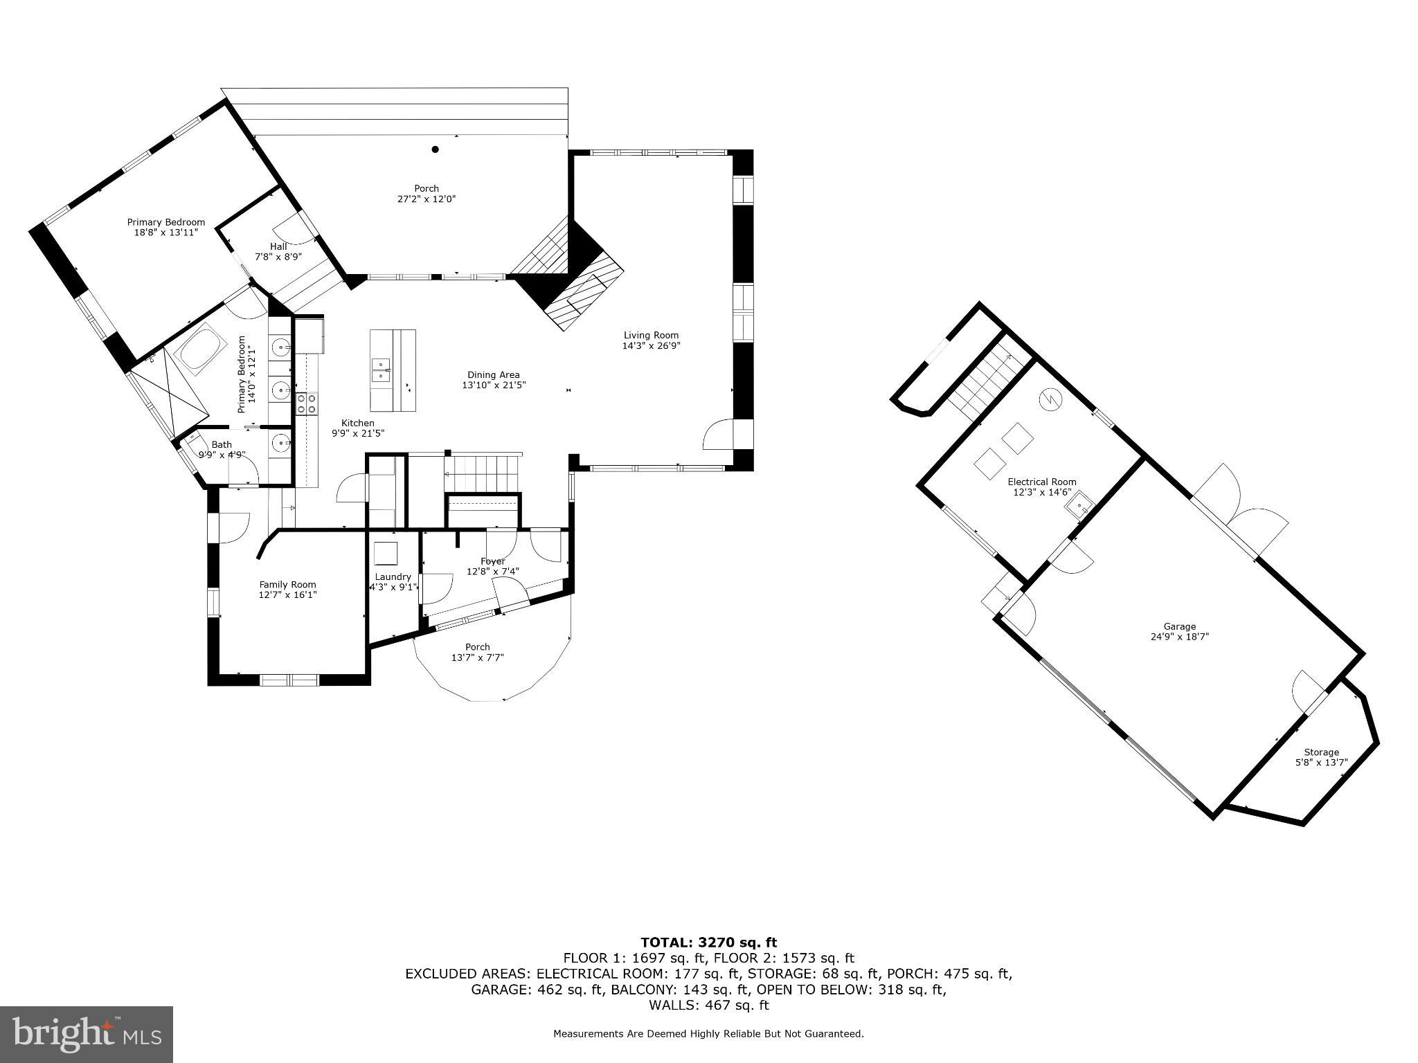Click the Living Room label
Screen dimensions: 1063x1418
[x=651, y=335]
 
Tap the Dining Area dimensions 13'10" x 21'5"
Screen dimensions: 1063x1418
[x=494, y=385]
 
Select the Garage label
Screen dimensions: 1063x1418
[x=1178, y=626]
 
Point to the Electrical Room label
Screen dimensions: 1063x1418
[x=1041, y=482]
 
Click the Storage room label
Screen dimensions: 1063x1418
[x=1321, y=752]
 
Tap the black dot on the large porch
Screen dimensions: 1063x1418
[x=436, y=149]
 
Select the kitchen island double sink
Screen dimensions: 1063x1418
[x=380, y=370]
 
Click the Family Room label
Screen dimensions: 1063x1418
[x=287, y=584]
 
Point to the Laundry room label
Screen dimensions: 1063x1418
[x=393, y=576]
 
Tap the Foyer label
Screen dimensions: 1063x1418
[x=493, y=561]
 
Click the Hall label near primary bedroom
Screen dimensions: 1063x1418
[x=278, y=246]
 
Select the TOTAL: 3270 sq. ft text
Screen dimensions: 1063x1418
[x=708, y=942]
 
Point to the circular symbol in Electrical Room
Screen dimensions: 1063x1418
[x=1050, y=399]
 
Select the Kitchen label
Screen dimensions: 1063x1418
[x=357, y=423]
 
